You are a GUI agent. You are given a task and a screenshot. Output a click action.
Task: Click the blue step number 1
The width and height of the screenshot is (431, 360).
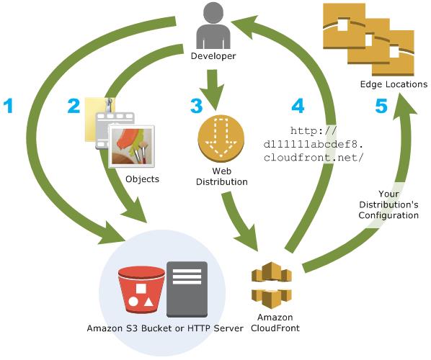pos(9,107)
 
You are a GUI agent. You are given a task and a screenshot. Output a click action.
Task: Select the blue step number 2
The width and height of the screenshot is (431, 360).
pos(73,107)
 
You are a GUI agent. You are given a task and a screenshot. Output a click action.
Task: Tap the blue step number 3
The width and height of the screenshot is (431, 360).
pos(197,107)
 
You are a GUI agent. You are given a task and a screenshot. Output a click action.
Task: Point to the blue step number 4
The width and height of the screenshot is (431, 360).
pos(298,107)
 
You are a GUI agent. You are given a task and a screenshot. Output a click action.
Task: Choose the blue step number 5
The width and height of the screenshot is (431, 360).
pos(380,107)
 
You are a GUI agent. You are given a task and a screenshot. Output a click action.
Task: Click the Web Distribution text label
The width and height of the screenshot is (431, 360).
pos(220,177)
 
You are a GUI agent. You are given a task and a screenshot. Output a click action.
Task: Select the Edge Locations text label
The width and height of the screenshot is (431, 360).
pos(394,84)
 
